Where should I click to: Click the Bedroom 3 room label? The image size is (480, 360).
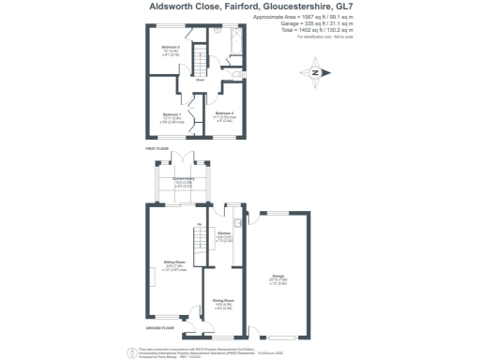(x=172, y=46)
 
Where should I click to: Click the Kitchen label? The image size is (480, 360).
(x=224, y=234)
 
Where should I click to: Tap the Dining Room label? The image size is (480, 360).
(x=224, y=302)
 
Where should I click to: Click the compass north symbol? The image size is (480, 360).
(x=315, y=73)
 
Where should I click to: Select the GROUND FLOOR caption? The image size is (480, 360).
(x=161, y=328)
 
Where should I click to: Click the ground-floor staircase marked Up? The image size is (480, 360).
(x=199, y=239)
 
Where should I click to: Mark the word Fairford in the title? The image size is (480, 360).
(x=242, y=6)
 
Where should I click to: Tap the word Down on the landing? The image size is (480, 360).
(x=200, y=80)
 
